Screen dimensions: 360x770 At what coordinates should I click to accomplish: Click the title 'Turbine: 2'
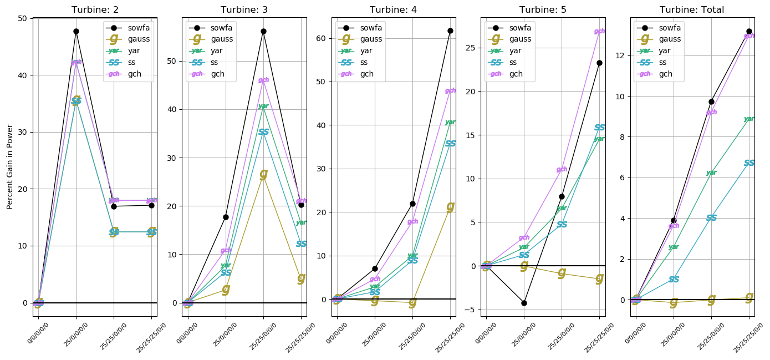tap(95, 9)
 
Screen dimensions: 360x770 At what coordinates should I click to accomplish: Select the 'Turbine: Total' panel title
tap(692, 9)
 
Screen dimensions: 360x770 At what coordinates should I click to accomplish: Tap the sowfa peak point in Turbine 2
tap(76, 31)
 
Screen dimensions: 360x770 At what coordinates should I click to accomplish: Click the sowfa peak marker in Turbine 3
tap(263, 31)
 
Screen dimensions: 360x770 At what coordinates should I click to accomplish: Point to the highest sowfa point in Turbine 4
tap(450, 31)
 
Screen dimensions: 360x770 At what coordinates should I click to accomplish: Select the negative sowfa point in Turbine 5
tap(524, 303)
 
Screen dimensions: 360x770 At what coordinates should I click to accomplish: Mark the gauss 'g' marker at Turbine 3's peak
tap(263, 174)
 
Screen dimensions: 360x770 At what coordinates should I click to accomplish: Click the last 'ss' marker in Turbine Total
tap(749, 163)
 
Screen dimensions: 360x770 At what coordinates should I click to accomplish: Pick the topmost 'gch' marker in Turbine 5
tap(599, 32)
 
